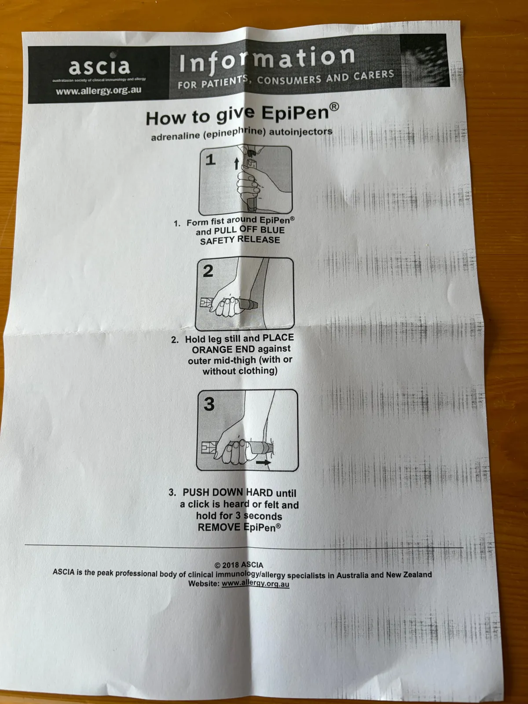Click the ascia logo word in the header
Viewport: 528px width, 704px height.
99,66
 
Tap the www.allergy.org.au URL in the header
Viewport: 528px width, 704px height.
99,91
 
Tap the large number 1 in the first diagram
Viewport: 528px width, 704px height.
210,160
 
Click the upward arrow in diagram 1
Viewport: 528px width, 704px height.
236,163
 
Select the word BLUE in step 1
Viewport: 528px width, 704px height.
272,230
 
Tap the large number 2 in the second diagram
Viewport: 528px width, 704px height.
208,271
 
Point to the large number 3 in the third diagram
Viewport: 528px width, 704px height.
209,404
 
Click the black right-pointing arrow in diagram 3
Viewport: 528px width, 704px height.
263,462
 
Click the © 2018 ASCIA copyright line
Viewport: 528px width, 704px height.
239,565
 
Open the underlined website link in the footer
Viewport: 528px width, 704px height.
255,583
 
